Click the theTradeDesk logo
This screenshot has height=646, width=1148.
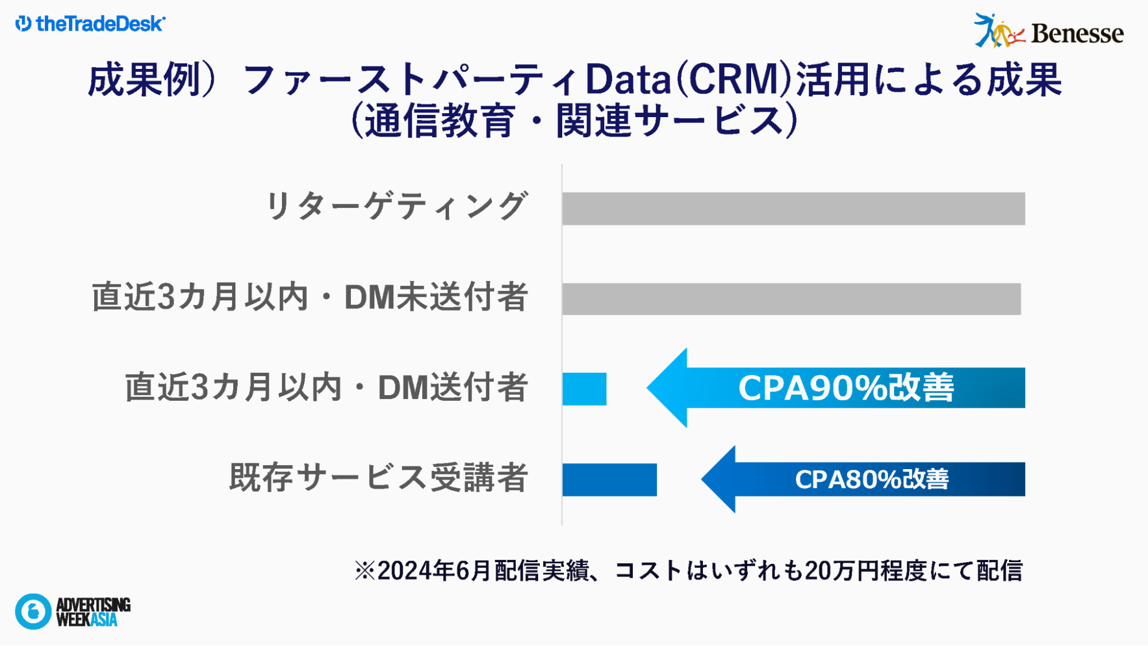(x=90, y=24)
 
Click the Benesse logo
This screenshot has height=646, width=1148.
(x=1048, y=31)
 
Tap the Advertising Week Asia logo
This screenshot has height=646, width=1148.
(x=73, y=612)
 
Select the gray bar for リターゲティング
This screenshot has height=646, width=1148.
(x=793, y=208)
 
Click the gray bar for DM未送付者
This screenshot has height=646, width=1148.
(x=791, y=299)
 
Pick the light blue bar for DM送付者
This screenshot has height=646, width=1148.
(x=584, y=389)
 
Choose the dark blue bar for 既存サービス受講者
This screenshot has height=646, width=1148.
(x=609, y=479)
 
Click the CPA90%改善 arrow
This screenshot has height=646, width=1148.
(x=836, y=388)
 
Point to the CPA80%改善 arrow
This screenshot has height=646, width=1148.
(x=863, y=479)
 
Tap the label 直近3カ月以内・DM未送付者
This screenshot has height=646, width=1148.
(x=310, y=297)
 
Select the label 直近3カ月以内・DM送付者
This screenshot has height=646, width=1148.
(x=326, y=387)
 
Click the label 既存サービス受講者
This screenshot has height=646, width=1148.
(x=378, y=477)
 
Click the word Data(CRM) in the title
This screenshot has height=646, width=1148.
(x=690, y=79)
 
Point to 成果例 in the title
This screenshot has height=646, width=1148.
(x=144, y=79)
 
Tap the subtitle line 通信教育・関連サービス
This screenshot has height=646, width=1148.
(x=574, y=121)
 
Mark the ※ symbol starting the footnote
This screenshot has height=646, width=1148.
(x=365, y=571)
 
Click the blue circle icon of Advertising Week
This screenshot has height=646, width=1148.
(x=33, y=612)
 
